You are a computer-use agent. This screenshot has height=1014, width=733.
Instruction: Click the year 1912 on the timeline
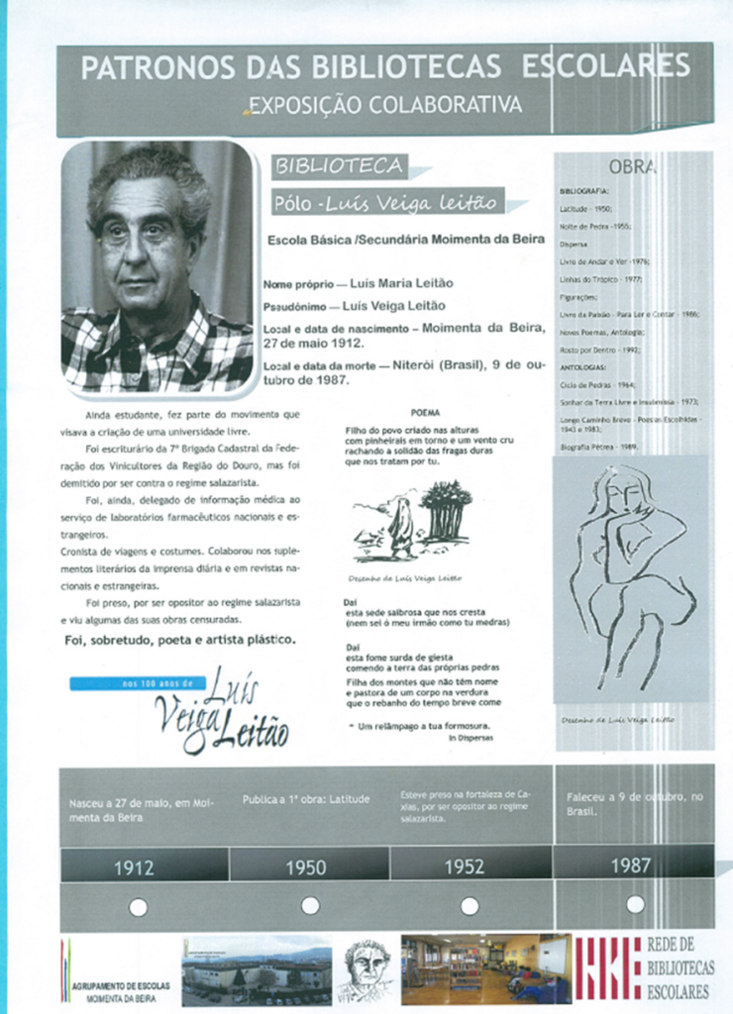[134, 867]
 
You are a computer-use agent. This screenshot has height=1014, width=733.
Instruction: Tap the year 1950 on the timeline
[306, 867]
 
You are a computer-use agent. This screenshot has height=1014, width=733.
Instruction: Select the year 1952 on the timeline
[464, 867]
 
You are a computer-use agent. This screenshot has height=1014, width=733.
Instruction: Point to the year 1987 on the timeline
[631, 864]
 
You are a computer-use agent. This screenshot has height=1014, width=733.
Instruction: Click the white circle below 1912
[139, 906]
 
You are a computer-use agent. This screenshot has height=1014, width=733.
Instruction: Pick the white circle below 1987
[635, 904]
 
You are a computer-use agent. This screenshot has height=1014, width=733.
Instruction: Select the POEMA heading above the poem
[425, 412]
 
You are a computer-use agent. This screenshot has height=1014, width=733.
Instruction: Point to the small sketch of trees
[445, 508]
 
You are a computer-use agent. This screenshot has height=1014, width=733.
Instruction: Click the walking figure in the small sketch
[401, 528]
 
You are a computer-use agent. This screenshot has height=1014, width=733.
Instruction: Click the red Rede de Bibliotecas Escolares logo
[607, 968]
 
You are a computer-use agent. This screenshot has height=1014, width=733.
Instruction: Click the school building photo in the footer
[257, 969]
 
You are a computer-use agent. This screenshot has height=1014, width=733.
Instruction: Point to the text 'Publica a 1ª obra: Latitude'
[306, 798]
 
